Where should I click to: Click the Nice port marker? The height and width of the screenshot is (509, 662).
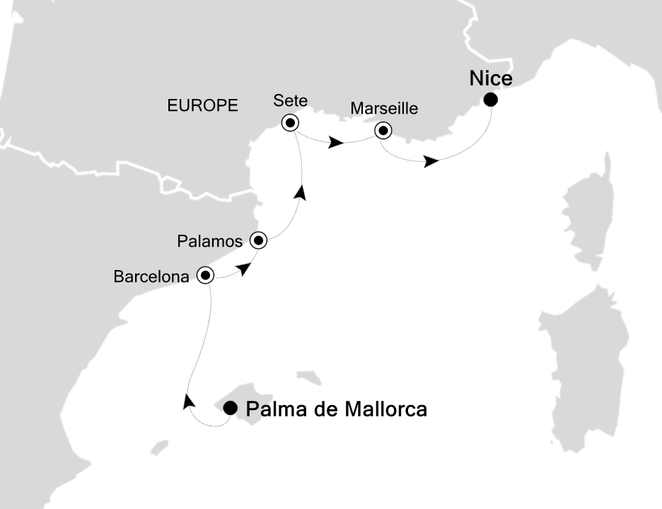490,100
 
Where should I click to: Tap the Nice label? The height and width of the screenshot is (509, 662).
491,78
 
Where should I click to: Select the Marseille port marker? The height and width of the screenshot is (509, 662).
383,130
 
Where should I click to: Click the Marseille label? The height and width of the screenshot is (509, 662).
385,110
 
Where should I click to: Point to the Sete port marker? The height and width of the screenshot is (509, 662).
290,123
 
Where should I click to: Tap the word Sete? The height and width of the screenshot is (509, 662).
290,102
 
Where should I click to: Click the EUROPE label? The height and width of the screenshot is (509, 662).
202,106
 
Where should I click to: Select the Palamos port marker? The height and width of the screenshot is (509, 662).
259,241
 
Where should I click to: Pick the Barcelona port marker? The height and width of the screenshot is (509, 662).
205,275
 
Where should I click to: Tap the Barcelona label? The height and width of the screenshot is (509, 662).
151,277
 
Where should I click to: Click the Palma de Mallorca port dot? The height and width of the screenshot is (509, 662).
231,408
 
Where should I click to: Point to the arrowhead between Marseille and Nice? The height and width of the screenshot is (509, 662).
431,162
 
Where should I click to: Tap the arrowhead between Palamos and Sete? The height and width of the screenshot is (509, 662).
302,193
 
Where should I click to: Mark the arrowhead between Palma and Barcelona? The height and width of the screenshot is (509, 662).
188,402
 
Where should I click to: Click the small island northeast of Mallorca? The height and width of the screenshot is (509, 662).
309,378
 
